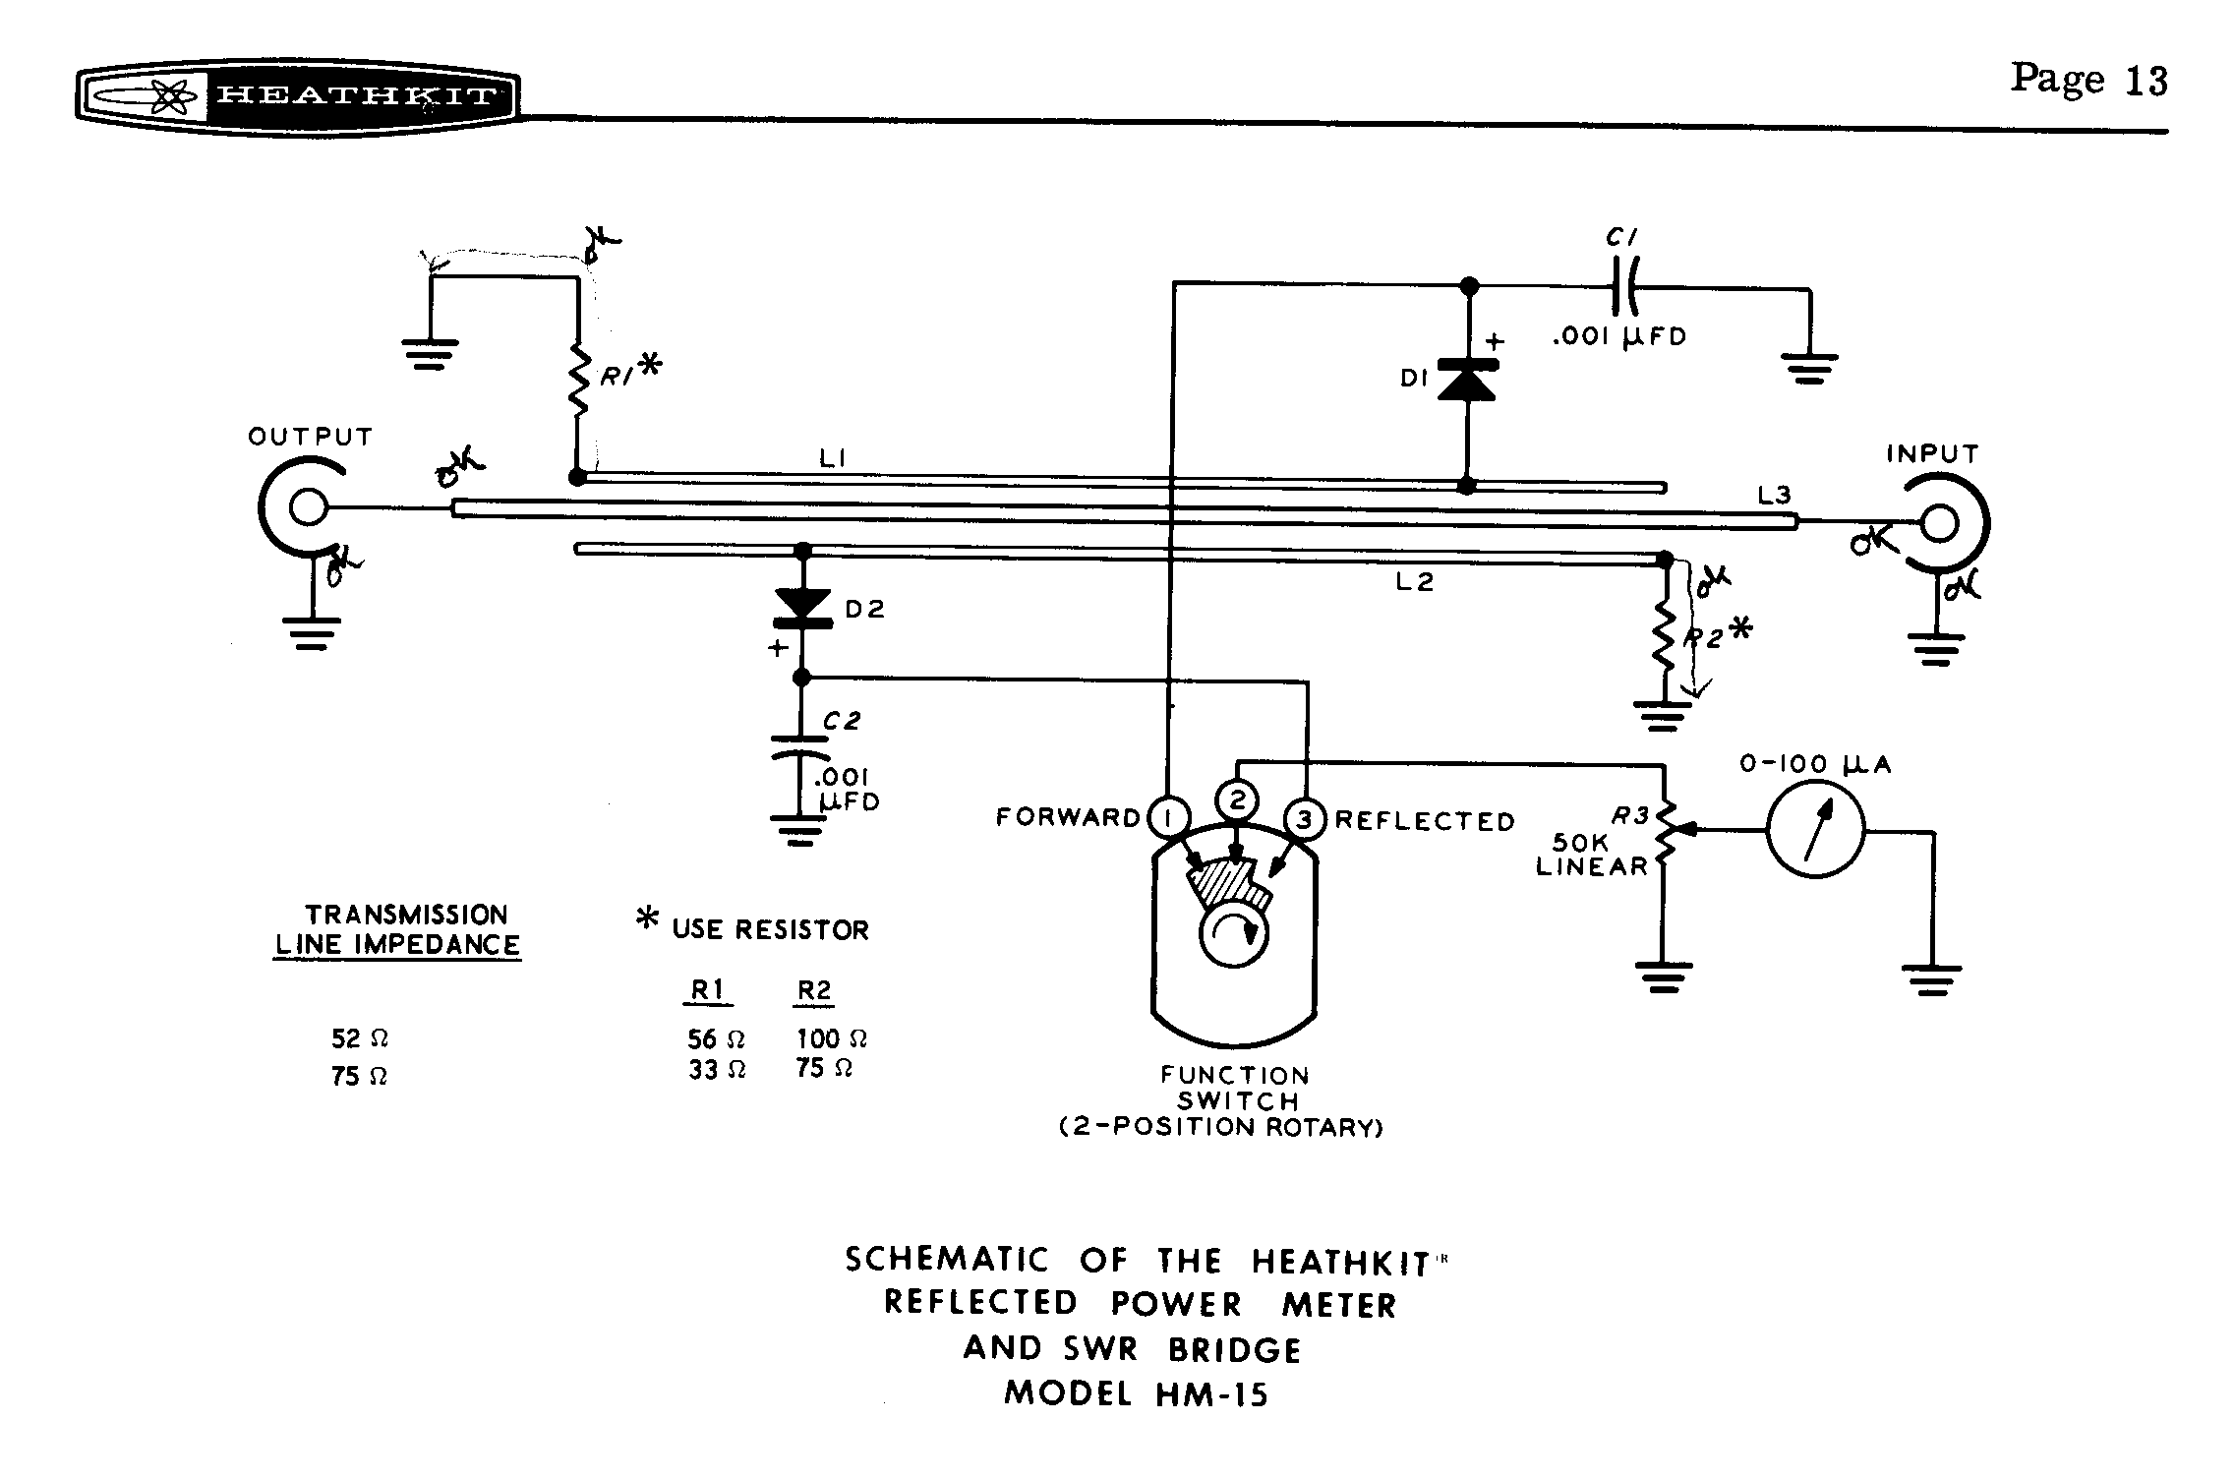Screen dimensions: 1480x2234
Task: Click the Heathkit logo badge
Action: click(x=297, y=97)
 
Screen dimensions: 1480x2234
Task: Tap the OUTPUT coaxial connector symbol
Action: click(x=306, y=508)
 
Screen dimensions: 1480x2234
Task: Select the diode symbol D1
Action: click(x=1467, y=381)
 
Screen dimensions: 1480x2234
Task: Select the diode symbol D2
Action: click(x=803, y=606)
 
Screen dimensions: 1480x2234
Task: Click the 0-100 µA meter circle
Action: click(x=1815, y=831)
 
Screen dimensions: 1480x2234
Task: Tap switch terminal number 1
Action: click(x=1167, y=817)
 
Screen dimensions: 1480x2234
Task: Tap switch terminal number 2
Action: click(x=1237, y=801)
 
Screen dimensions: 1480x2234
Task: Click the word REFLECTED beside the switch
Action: click(x=1425, y=821)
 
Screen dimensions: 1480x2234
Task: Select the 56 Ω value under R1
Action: click(x=716, y=1038)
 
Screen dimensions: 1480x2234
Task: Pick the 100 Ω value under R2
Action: click(x=831, y=1038)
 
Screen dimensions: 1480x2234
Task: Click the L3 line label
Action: click(x=1774, y=497)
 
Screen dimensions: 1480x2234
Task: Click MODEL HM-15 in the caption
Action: click(x=1136, y=1393)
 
